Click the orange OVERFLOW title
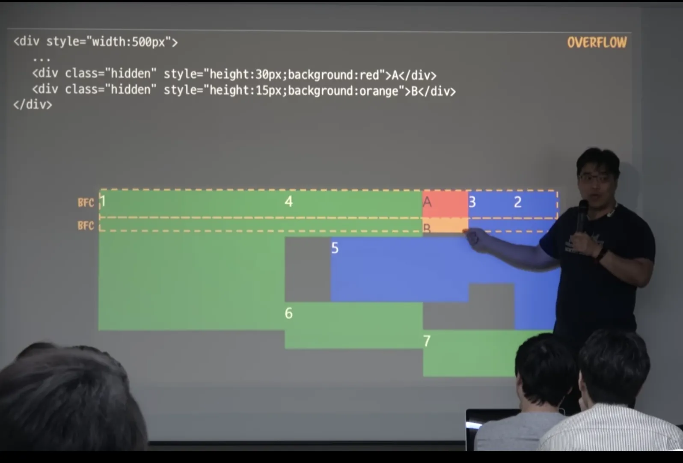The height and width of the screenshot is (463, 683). click(597, 42)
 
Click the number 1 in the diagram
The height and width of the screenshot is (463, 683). click(102, 201)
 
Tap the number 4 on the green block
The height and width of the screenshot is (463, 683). click(289, 202)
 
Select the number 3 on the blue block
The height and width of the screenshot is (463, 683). click(472, 202)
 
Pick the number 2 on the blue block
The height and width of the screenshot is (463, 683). click(517, 202)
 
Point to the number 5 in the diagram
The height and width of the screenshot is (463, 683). click(335, 248)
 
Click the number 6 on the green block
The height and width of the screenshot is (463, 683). click(289, 313)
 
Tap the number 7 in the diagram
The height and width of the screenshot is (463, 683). click(427, 341)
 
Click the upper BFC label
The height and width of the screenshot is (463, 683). click(86, 202)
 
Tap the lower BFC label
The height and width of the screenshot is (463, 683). click(86, 226)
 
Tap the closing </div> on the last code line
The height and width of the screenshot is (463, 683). click(33, 105)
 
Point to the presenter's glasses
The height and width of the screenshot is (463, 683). click(596, 178)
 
